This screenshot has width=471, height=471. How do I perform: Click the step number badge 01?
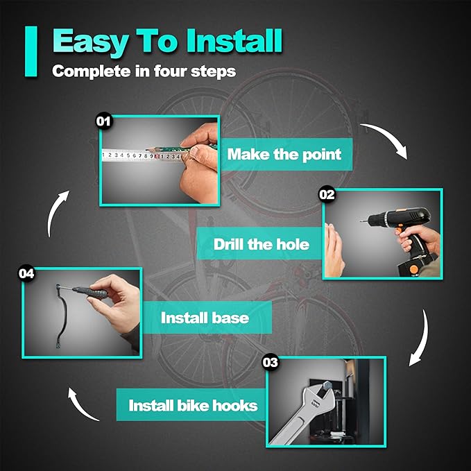103,121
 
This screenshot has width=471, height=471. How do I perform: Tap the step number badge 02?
327,195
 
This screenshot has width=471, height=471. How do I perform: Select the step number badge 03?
271,362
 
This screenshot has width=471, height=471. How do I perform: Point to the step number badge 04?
26,273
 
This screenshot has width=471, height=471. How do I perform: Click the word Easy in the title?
91,42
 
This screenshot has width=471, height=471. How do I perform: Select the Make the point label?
284,154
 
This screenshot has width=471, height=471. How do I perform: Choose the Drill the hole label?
261,244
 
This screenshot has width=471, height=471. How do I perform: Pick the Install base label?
205,318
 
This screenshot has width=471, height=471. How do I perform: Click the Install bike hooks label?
193,405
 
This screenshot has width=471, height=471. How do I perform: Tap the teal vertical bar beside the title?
31,51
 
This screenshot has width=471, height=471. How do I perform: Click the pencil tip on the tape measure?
146,149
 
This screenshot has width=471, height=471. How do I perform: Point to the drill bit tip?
361,221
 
